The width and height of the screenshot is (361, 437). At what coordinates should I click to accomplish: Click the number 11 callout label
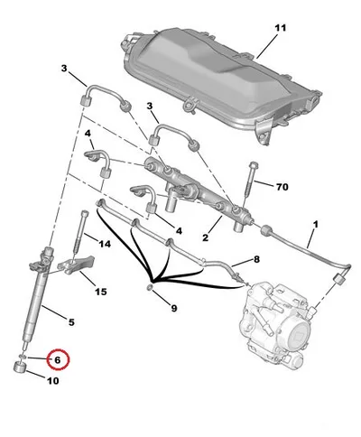coord(281,28)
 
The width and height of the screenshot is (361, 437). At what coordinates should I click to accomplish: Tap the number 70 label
coord(282,187)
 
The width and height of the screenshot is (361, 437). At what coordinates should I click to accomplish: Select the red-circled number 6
coord(58,359)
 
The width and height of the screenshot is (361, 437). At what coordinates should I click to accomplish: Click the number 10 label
coord(52,381)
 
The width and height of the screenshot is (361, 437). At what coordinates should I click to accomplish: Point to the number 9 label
coord(174,308)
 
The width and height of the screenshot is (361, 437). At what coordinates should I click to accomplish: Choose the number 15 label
coord(101,292)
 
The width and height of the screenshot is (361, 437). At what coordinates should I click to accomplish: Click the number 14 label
coord(105,244)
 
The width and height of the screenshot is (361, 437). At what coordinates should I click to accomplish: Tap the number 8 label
coord(256,259)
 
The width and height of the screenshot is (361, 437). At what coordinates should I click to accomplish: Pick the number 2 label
coord(205,238)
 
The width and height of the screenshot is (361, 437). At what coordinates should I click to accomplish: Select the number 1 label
coord(316,224)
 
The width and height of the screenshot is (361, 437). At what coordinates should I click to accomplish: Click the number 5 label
coord(71,322)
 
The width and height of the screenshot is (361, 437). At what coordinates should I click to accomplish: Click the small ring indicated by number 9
coord(150,288)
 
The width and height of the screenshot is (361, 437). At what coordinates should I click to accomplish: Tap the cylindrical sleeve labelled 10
coord(20,367)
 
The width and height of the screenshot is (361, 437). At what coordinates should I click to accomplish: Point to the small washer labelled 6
coord(23,357)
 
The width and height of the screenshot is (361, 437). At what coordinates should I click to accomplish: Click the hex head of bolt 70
coord(254,165)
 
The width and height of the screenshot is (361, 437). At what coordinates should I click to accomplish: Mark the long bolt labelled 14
coord(79,235)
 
